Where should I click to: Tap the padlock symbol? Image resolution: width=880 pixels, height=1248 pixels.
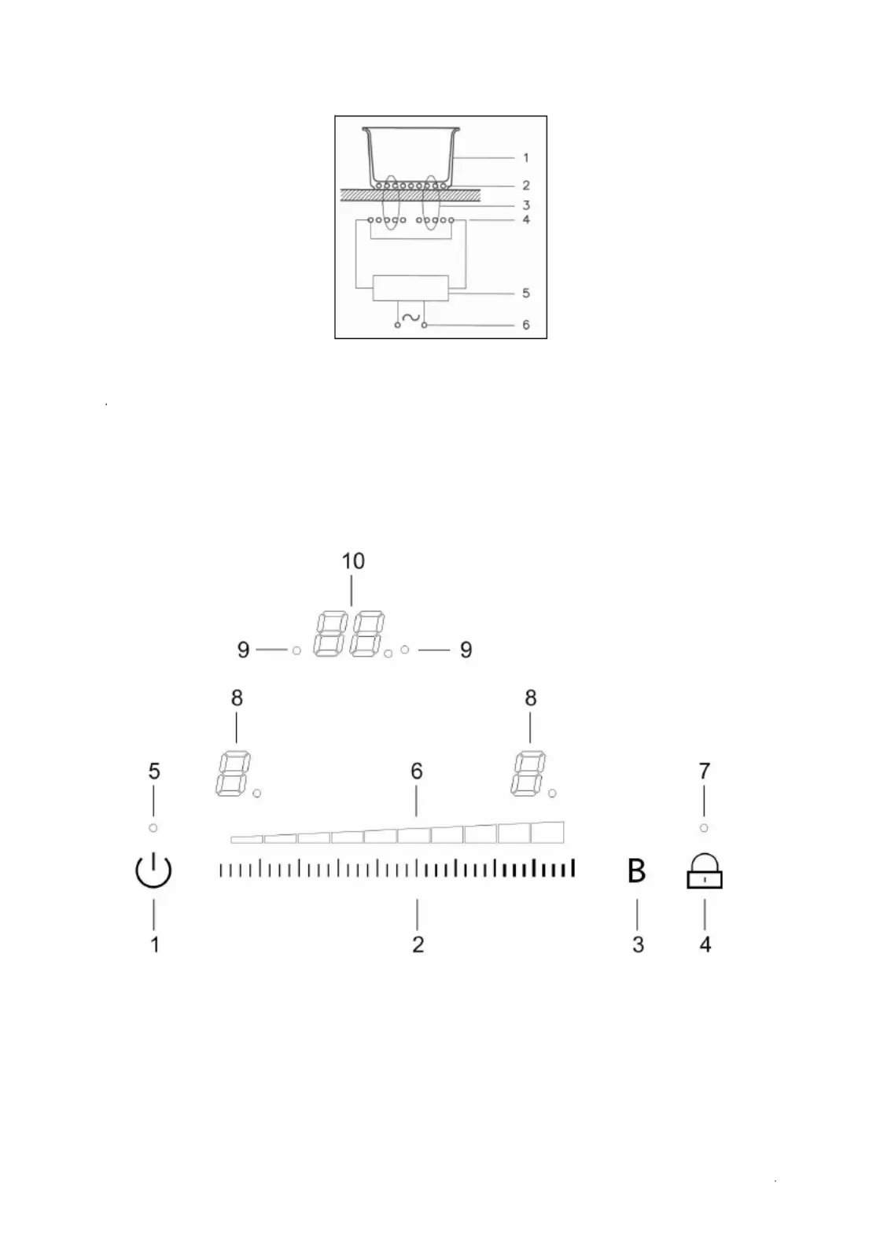pos(704,871)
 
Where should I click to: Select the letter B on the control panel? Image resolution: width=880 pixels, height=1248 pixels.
pos(636,871)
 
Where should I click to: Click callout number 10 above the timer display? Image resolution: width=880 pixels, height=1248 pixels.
pos(353,561)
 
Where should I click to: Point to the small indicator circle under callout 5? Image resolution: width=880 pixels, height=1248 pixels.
pos(153,828)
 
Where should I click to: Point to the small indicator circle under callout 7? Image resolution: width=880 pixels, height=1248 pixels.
pos(704,828)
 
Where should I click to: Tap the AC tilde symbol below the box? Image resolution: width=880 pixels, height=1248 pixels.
pos(411,317)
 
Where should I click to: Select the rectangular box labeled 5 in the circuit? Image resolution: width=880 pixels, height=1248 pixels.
pos(411,288)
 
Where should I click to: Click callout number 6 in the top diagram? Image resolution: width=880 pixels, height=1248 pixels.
pos(525,325)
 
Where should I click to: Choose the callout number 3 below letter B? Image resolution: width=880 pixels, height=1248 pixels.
pos(638,944)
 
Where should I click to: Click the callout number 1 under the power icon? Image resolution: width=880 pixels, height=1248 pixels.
pos(155,944)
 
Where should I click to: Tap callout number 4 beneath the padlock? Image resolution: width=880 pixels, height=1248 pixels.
pos(705,944)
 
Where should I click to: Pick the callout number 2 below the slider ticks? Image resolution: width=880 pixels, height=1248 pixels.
pos(418,944)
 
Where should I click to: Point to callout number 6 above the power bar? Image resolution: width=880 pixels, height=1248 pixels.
pos(416,771)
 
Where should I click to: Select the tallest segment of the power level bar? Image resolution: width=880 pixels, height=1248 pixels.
pos(547,832)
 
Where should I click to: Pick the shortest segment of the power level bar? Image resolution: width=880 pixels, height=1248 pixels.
pos(247,840)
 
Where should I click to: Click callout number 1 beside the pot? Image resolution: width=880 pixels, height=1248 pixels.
pos(525,158)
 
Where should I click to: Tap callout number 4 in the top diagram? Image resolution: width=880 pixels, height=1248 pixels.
pos(525,219)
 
